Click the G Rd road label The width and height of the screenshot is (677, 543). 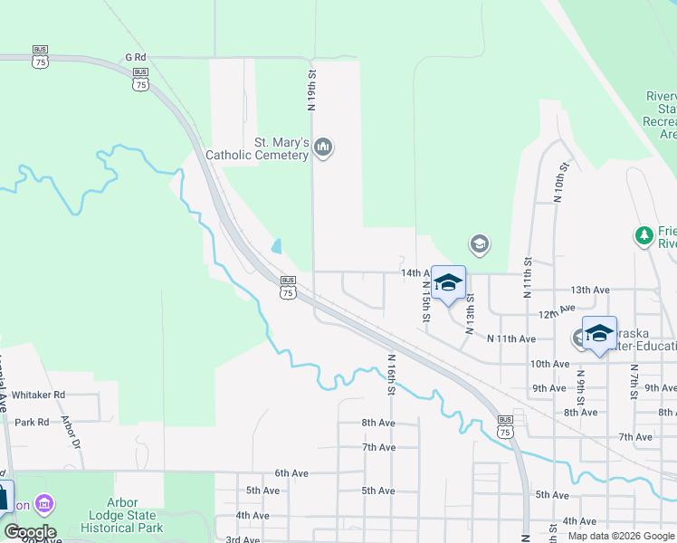click(x=136, y=56)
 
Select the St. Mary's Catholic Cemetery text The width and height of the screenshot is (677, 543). click(x=257, y=149)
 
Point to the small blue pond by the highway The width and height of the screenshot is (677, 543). click(x=276, y=246)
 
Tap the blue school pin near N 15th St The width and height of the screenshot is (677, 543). click(x=448, y=283)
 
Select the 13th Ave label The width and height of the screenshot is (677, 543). click(x=589, y=290)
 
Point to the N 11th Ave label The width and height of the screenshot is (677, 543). click(x=511, y=338)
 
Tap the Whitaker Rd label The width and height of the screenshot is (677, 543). click(x=40, y=395)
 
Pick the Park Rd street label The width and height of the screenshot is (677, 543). click(x=32, y=422)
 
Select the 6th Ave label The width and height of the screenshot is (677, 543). click(x=292, y=473)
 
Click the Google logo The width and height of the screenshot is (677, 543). click(x=29, y=532)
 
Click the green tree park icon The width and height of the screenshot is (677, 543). click(x=644, y=236)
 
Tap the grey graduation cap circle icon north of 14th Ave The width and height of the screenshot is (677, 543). click(x=479, y=243)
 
